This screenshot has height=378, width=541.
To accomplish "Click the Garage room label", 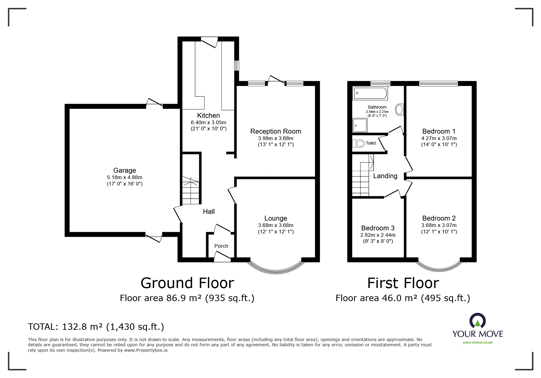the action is coord(124,171).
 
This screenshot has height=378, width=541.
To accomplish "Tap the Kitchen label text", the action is coord(208,116).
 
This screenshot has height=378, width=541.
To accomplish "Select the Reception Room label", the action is coord(276,131).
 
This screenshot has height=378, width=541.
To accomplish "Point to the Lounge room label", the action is coord(276,218).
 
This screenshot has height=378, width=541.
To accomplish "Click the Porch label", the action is coord(221,246).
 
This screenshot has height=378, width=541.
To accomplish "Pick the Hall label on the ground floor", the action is coord(209,211).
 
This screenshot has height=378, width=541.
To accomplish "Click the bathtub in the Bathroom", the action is coord(370,93).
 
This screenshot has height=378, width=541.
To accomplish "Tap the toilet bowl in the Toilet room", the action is coord(359,143).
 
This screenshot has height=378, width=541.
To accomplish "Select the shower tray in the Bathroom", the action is coord(360,125).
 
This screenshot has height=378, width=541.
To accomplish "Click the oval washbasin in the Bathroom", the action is coord(399,110).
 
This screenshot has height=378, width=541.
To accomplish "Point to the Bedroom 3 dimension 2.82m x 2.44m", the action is coord(378,235).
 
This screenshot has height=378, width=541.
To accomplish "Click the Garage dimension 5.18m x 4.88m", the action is coord(124,177).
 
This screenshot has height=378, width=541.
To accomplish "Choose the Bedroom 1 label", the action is coord(439,131).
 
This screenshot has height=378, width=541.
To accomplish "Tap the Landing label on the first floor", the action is coord(385,176).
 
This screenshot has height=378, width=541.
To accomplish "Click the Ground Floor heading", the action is coord(187,283).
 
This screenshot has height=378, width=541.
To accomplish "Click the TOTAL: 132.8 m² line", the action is coord(96,327).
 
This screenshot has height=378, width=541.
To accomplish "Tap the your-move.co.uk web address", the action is coord(478,342).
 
